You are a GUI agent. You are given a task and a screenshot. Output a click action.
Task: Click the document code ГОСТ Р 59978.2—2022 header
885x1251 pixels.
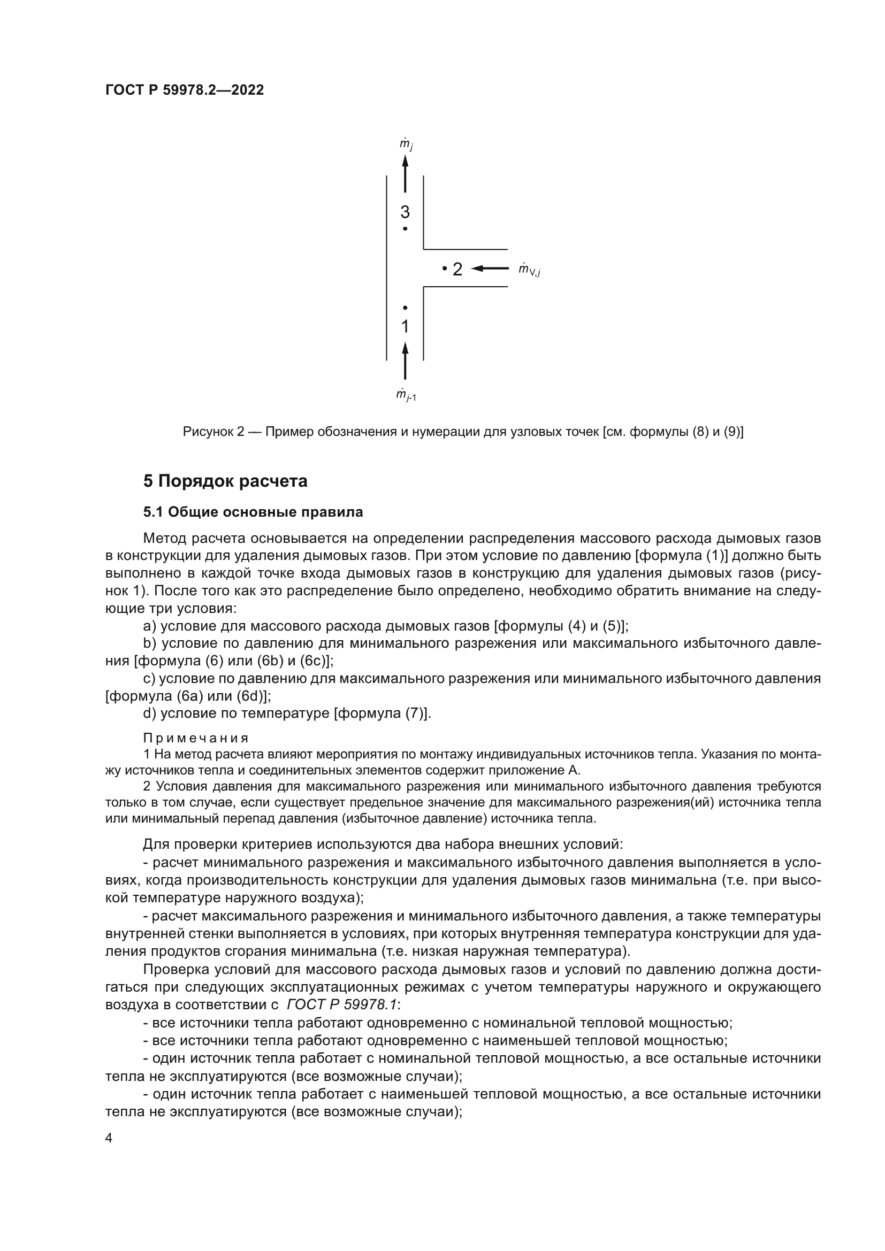(x=184, y=90)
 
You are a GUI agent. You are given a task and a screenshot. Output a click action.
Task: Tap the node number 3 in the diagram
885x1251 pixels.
(x=405, y=212)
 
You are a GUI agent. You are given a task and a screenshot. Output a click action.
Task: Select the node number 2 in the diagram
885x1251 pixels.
(x=457, y=269)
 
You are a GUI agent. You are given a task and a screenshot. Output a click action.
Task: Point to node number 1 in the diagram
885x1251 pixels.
(x=405, y=326)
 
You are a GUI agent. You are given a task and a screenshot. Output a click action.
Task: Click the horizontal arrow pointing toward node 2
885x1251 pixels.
(x=490, y=268)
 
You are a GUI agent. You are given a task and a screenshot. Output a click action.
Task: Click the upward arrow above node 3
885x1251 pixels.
(x=405, y=173)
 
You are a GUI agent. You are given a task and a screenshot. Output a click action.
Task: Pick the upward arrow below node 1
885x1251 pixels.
(x=405, y=360)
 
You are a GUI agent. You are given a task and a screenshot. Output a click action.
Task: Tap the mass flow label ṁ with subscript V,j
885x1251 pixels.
(x=529, y=270)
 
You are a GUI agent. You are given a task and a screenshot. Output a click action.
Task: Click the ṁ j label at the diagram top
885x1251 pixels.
(x=406, y=144)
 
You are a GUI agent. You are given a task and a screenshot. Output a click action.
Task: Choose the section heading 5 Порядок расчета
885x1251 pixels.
(x=225, y=481)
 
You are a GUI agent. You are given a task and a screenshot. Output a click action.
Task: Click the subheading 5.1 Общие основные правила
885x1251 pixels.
(x=253, y=512)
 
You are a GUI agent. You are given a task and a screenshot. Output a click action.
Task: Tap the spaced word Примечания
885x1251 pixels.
(x=196, y=738)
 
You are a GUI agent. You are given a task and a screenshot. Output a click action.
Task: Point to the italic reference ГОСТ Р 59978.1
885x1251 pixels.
(x=342, y=1005)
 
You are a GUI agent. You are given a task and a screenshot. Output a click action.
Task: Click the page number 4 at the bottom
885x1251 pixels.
(x=109, y=1138)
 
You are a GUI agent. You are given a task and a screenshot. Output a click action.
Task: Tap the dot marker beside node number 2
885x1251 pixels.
(x=445, y=268)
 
